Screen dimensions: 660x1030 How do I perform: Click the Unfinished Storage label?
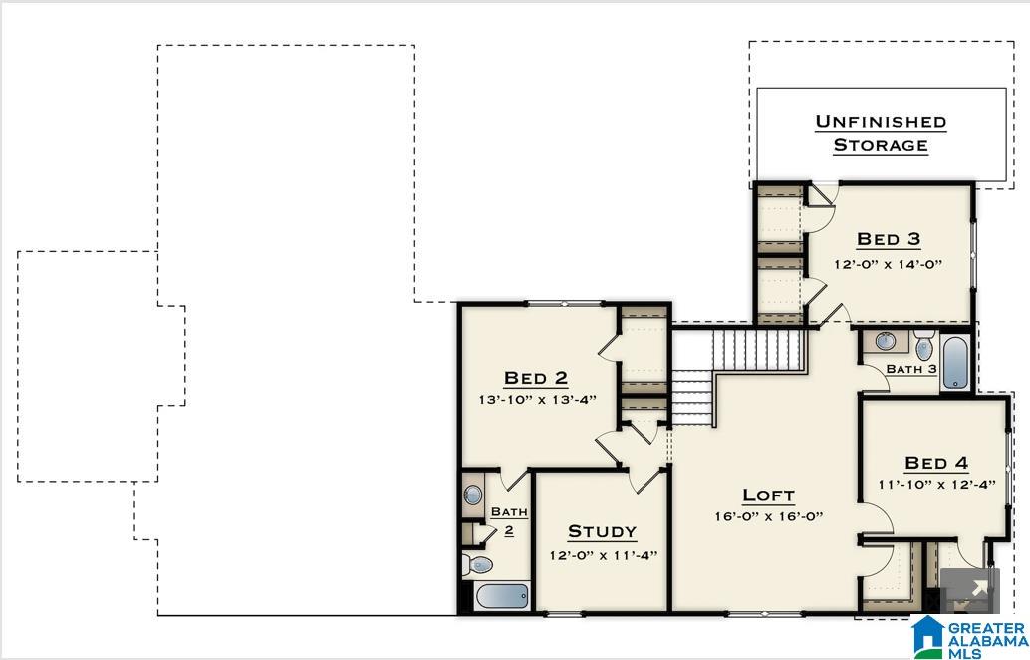click(881, 133)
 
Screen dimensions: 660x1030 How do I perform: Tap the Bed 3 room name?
click(889, 239)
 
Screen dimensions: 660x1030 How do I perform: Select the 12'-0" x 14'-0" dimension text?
click(889, 264)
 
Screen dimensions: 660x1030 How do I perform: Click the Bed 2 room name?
click(536, 377)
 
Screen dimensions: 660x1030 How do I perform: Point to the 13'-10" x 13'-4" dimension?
click(536, 400)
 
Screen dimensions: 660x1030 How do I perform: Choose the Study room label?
click(602, 531)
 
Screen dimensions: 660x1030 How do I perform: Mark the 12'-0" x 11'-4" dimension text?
click(603, 555)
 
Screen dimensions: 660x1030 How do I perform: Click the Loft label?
click(768, 495)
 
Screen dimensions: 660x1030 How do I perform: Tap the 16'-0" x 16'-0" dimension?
click(768, 516)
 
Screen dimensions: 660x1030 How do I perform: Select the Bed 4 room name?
click(936, 462)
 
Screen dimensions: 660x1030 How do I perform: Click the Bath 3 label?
click(911, 369)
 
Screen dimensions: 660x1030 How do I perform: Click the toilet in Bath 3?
click(923, 347)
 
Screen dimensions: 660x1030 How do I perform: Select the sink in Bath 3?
click(886, 342)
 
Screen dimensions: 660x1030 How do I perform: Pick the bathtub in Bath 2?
click(502, 596)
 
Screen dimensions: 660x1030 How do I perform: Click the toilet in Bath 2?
click(478, 565)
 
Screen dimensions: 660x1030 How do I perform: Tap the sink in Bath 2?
click(473, 495)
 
